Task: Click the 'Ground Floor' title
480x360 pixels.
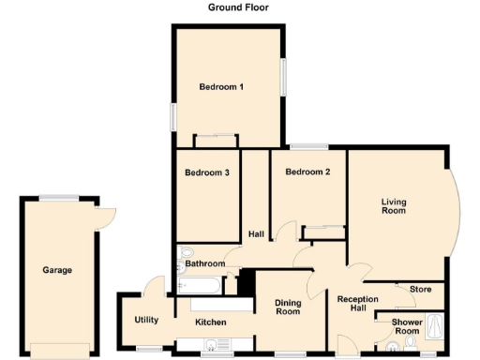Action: [x=238, y=7]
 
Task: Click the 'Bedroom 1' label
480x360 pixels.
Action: [x=221, y=87]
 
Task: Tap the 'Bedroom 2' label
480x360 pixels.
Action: [x=308, y=172]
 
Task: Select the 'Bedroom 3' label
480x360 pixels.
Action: [x=207, y=172]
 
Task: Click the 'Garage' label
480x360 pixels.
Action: [x=57, y=270]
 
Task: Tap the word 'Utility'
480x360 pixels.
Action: [x=146, y=320]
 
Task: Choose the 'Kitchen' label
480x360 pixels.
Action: [x=210, y=322]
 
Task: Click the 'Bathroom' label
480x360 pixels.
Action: [x=204, y=263]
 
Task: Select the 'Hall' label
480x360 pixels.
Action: [x=255, y=233]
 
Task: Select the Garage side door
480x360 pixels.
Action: [x=106, y=216]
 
